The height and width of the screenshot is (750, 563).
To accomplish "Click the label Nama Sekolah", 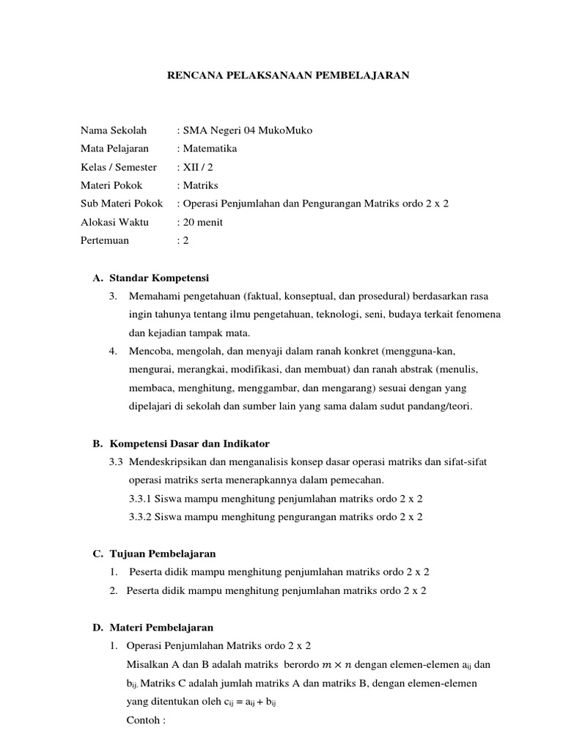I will click(x=114, y=130).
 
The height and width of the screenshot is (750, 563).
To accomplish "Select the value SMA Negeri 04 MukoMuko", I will click(x=246, y=130).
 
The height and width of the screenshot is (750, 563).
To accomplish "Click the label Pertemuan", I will click(x=105, y=240).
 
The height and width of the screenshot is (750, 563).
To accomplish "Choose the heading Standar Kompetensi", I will click(x=159, y=278).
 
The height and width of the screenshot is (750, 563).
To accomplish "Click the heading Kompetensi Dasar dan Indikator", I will click(x=190, y=444).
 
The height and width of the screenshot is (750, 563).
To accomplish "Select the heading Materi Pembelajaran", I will click(x=161, y=628).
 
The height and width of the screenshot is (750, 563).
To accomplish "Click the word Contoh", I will click(x=144, y=719).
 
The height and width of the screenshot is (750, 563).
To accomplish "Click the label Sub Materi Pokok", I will click(x=122, y=204).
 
